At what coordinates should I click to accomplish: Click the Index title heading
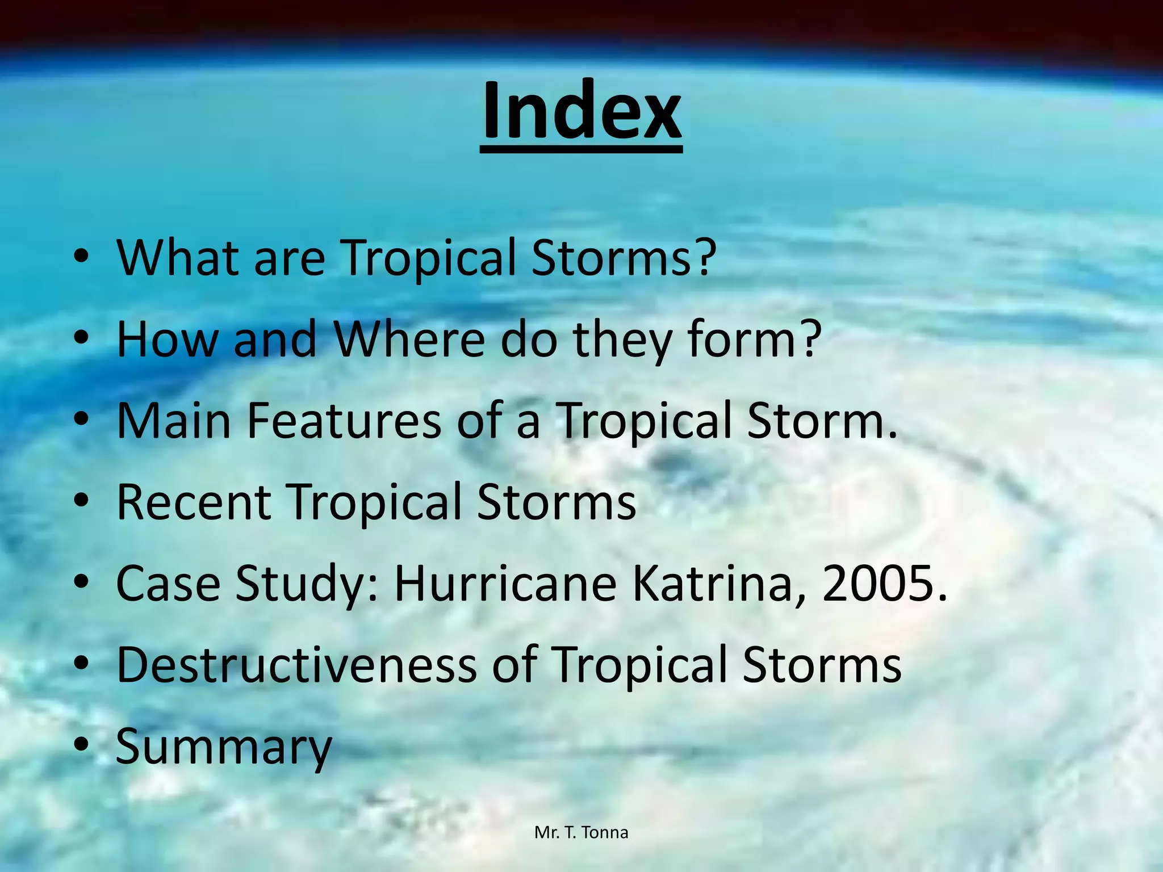(581, 111)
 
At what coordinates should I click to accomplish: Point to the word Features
(344, 421)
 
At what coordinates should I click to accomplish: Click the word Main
(174, 421)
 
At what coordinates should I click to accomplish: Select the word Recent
(194, 502)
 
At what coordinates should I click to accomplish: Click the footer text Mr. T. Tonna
(581, 833)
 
